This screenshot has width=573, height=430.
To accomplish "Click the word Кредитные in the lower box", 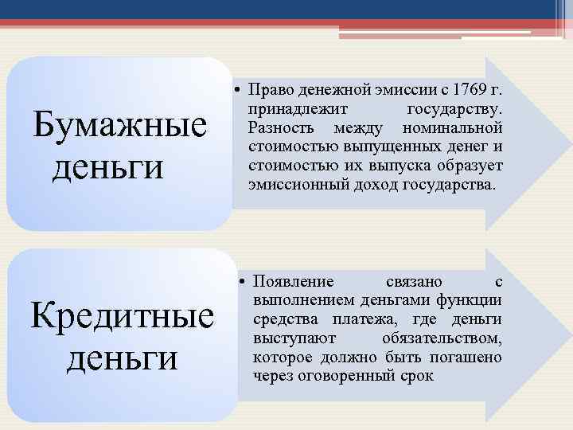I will (122, 316).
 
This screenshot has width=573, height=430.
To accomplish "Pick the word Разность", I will (279, 127).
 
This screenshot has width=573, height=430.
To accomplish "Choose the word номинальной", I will (452, 127).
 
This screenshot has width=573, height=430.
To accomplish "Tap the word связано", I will (415, 280).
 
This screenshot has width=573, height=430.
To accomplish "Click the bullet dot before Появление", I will (244, 280).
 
